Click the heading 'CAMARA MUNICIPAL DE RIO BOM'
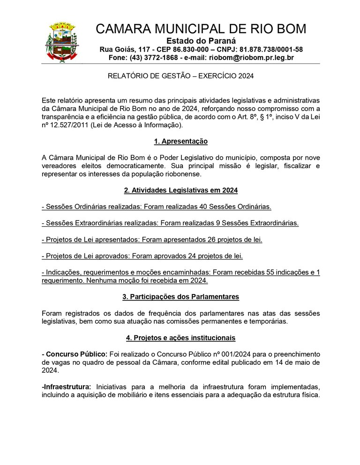coord(201,29)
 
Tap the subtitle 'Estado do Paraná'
coord(201,41)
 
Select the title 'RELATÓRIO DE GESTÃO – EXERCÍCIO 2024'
coord(181,76)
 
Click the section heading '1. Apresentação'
coord(180,141)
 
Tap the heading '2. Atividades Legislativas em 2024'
coord(180,190)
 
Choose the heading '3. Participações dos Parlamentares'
coord(180,297)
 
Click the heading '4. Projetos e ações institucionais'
coord(180,338)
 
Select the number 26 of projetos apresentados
coord(212,240)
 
